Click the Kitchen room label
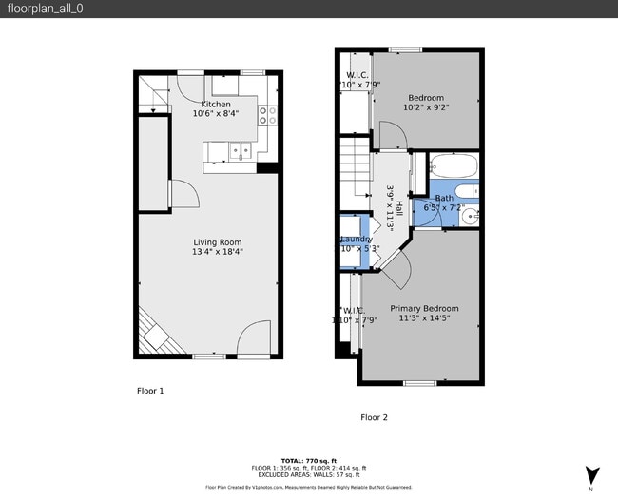216,104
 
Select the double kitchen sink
239,149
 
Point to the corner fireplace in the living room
152,333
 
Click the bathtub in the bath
454,167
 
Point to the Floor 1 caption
150,391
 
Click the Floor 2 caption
374,417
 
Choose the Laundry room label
357,239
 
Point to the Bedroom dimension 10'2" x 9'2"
426,107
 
